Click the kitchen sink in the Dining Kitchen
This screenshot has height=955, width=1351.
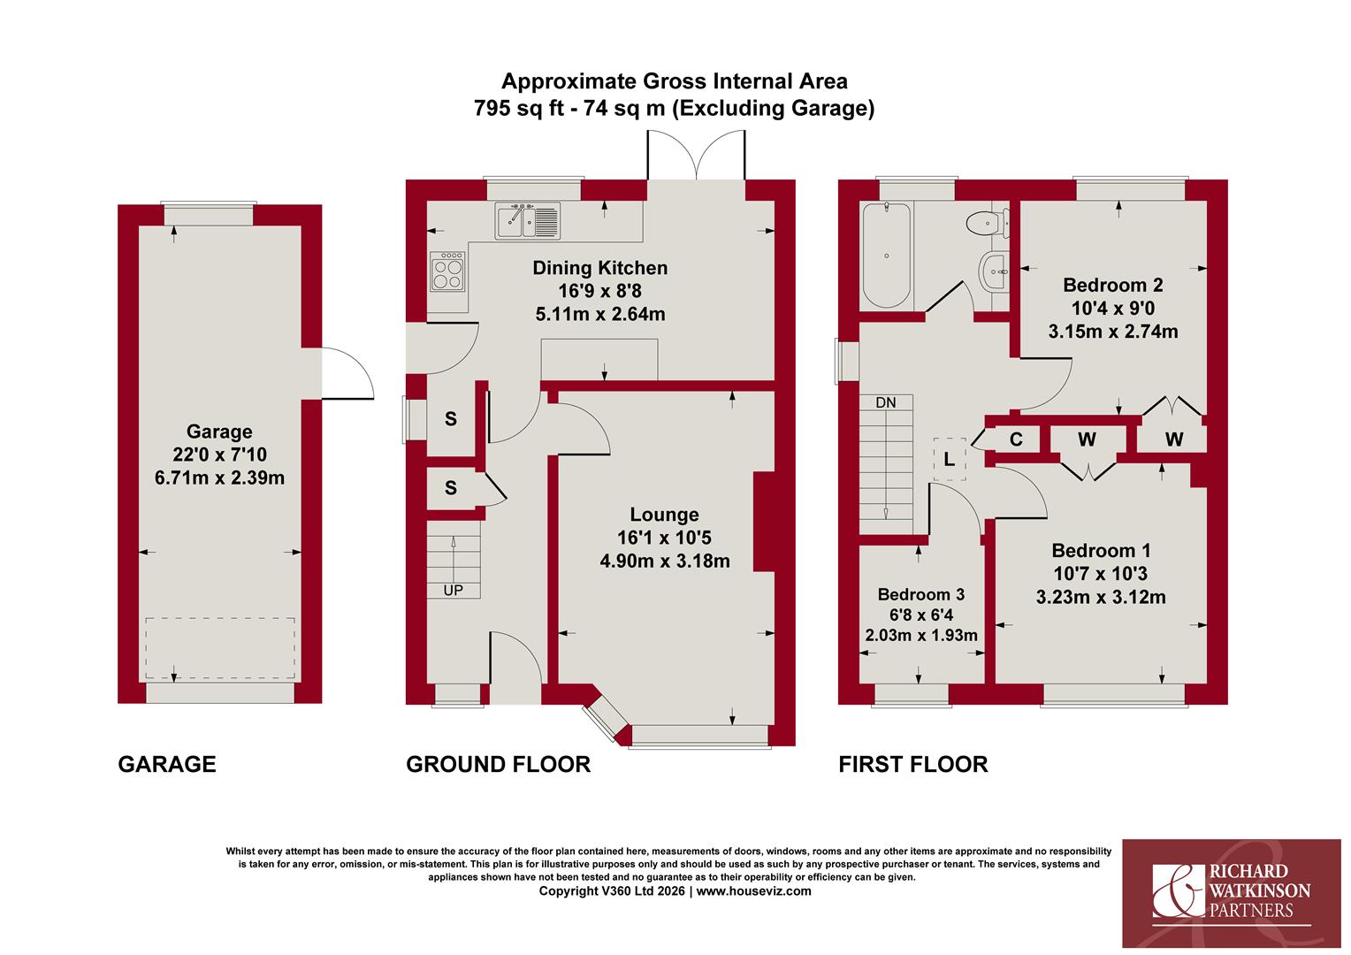[x=528, y=221]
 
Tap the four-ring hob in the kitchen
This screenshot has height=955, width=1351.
[x=447, y=271]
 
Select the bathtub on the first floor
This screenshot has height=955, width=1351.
[x=886, y=256]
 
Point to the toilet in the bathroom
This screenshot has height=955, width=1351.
[x=988, y=223]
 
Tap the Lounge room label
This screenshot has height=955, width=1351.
[x=664, y=515]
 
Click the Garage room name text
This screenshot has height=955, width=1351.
[x=219, y=432]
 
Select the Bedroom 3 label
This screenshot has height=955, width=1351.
[x=921, y=594]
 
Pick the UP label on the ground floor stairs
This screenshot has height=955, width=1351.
[x=453, y=591]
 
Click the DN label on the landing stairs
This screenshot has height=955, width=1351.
[x=885, y=402]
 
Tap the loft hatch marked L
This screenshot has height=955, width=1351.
[x=950, y=459]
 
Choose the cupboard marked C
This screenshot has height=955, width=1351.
[x=1016, y=439]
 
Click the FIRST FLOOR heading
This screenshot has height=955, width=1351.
[x=913, y=764]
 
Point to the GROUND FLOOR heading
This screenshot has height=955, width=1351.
[x=498, y=764]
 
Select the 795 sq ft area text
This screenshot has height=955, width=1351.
[x=519, y=108]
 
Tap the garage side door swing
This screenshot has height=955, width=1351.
[x=348, y=373]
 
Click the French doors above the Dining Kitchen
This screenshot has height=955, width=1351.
[x=696, y=155]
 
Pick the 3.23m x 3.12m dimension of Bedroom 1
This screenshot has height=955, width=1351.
[x=1101, y=597]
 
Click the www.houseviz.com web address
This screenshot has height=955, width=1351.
[x=753, y=891]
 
